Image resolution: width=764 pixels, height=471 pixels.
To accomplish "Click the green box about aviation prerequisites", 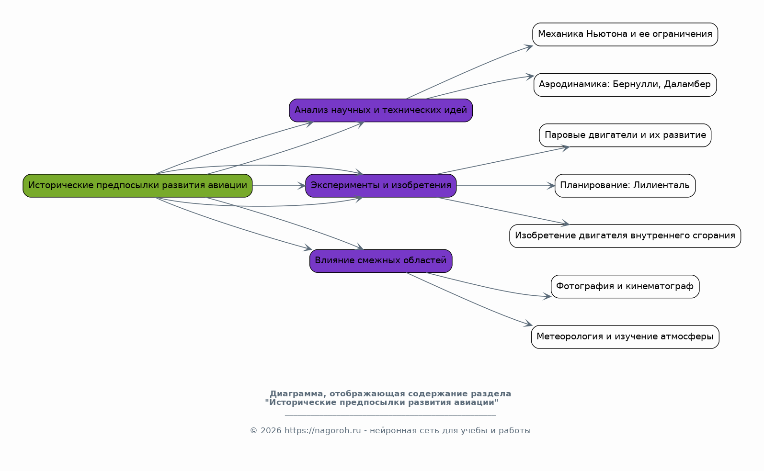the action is tap(137, 186).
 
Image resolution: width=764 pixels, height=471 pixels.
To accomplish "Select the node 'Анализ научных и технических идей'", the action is tap(381, 111).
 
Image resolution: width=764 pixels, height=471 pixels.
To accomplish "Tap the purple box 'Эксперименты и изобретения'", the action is tap(381, 186).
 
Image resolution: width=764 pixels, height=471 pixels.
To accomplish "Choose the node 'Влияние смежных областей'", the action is tap(381, 261).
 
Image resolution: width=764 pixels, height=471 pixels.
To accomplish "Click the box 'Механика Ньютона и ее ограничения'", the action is tap(625, 34).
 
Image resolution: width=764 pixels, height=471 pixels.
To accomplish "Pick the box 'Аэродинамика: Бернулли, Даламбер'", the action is tap(625, 85).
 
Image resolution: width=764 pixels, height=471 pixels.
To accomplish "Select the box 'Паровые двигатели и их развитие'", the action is tap(625, 135).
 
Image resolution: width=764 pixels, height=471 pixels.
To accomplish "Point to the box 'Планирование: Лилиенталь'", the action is tap(625, 186).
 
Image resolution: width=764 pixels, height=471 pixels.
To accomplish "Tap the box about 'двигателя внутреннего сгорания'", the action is tap(625, 236).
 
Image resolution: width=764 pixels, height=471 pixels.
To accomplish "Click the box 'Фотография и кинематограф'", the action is tap(625, 287).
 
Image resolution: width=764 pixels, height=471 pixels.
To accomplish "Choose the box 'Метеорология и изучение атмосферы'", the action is tap(625, 337).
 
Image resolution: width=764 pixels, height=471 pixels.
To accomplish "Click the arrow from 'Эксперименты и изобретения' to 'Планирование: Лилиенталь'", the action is tap(505, 186).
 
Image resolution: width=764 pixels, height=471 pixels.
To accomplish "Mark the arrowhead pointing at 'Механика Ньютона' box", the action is tap(528, 47).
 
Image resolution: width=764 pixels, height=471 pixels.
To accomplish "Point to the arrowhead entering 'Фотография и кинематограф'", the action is tap(547, 296).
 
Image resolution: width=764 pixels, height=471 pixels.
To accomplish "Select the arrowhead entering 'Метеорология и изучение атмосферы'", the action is tap(528, 324).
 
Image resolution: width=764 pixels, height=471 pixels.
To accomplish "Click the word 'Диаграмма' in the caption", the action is tap(296, 394).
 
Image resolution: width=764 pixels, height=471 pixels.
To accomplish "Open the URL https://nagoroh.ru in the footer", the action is tap(323, 431).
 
